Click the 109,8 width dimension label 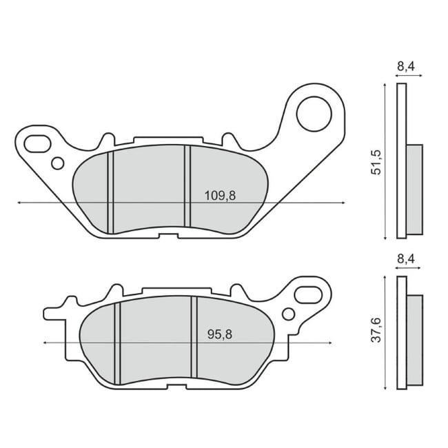pyautogui.click(x=220, y=195)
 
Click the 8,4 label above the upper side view pyautogui.click(x=405, y=67)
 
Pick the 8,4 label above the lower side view pyautogui.click(x=405, y=259)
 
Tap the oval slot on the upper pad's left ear pyautogui.click(x=36, y=143)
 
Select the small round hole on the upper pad pyautogui.click(x=58, y=163)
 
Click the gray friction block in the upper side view pyautogui.click(x=414, y=190)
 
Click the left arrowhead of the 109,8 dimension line pyautogui.click(x=18, y=203)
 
